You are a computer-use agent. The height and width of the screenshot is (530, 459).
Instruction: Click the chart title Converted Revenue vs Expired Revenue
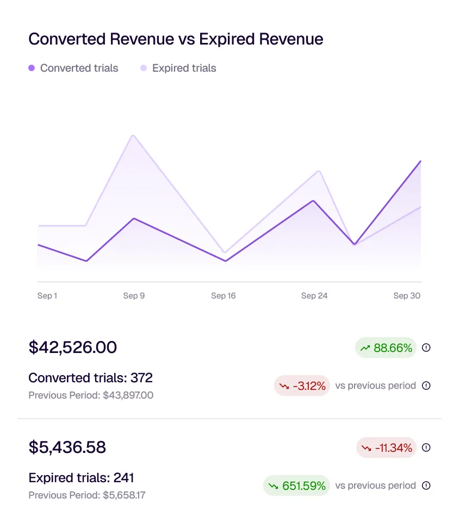coord(176,39)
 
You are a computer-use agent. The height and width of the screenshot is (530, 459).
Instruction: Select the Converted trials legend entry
coord(73,68)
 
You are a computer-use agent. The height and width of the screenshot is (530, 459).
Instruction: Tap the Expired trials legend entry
coord(178,68)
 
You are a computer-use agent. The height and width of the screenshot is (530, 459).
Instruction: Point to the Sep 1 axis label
coord(47,295)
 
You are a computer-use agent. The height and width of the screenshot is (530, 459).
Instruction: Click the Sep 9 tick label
coord(134,295)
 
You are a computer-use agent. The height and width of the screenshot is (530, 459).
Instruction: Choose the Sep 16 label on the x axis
coord(223,295)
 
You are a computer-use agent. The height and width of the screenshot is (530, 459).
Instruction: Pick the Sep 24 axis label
coord(314,295)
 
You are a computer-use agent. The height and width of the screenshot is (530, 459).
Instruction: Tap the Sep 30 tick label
coord(407,295)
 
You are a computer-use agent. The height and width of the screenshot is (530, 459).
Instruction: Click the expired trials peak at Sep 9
coord(133,136)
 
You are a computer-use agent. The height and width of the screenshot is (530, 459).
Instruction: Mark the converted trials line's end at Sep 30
coord(420,161)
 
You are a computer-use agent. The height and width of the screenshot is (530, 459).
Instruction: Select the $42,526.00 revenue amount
coord(72,348)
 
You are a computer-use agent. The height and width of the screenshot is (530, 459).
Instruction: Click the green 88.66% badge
coord(386,348)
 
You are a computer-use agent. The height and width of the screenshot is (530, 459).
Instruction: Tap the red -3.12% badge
coord(302,386)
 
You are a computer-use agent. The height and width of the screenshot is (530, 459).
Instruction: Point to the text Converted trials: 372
coord(90,377)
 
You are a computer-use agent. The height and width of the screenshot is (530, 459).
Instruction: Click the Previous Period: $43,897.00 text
coord(91,395)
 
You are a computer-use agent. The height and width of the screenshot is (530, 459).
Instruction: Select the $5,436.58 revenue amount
coord(67,447)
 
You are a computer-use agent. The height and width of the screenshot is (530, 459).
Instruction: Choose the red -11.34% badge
coord(386,448)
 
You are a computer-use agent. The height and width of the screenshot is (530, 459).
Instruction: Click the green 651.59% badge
coord(296,485)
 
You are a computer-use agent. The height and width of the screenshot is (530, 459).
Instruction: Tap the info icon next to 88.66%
coord(426,348)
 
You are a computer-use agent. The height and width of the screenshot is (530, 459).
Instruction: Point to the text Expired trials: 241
coord(81,478)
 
